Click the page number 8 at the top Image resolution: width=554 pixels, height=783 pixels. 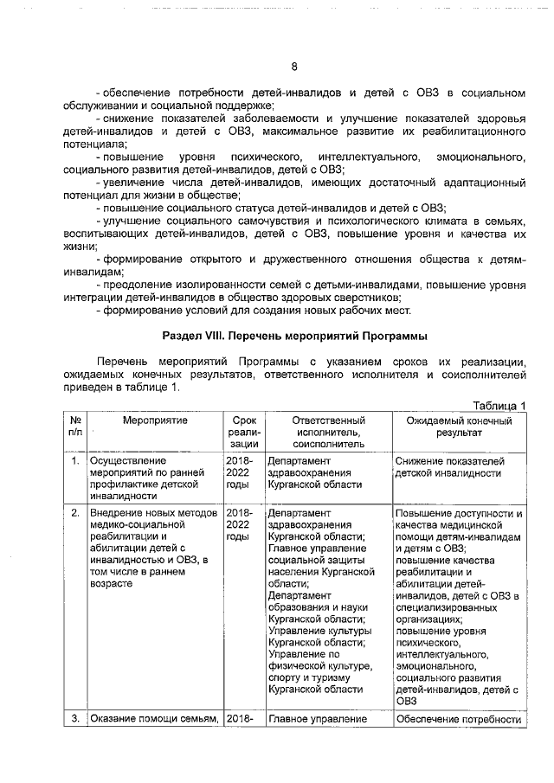click(x=293, y=67)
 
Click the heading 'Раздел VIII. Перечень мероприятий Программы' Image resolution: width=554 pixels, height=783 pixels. click(x=294, y=336)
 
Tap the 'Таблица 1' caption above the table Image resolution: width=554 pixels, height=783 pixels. click(x=498, y=406)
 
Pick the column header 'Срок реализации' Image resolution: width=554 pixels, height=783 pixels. click(x=243, y=430)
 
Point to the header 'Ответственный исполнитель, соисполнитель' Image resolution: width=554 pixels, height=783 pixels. click(x=327, y=430)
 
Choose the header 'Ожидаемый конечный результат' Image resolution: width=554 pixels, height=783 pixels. click(x=459, y=425)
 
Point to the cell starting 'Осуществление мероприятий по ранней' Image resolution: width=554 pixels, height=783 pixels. click(x=146, y=479)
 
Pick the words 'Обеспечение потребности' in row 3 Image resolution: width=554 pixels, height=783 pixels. click(x=457, y=719)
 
